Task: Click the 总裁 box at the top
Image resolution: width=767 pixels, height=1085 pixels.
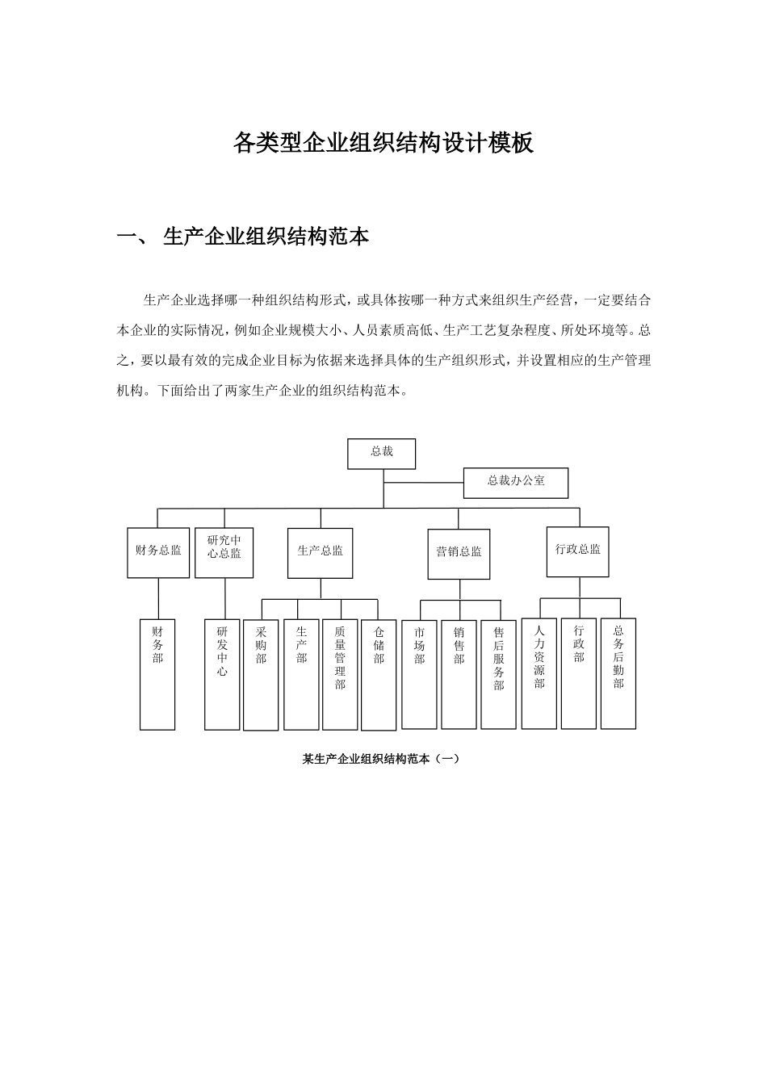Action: (381, 454)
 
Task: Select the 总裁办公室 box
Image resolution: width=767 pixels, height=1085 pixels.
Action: (516, 483)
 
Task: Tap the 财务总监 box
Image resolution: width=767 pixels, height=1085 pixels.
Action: (158, 553)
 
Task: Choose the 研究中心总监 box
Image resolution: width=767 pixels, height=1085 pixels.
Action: (224, 553)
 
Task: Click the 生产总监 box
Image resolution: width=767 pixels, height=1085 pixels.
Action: (320, 553)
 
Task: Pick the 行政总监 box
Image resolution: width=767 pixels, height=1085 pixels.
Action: (578, 551)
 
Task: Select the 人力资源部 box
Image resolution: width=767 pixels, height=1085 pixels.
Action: (539, 673)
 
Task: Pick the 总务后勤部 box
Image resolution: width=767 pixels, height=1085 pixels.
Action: (618, 673)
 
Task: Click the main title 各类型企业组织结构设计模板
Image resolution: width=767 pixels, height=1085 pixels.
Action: (383, 144)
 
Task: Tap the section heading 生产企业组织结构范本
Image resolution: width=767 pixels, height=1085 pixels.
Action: (266, 237)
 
